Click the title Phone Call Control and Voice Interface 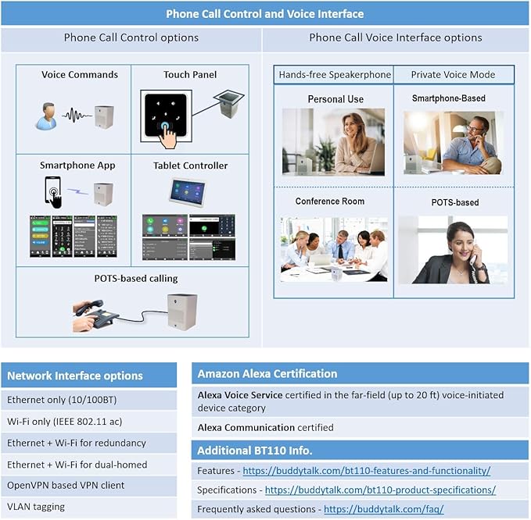pyautogui.click(x=264, y=14)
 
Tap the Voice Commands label pyautogui.click(x=80, y=75)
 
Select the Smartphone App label pyautogui.click(x=77, y=166)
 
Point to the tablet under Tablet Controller pyautogui.click(x=187, y=191)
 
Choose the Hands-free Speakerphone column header pyautogui.click(x=335, y=75)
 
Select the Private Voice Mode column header pyautogui.click(x=454, y=75)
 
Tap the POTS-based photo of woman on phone pyautogui.click(x=453, y=249)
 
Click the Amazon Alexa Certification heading pyautogui.click(x=267, y=374)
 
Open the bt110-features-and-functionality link pyautogui.click(x=366, y=471)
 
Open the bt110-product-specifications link pyautogui.click(x=380, y=490)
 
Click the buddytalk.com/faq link pyautogui.click(x=383, y=508)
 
